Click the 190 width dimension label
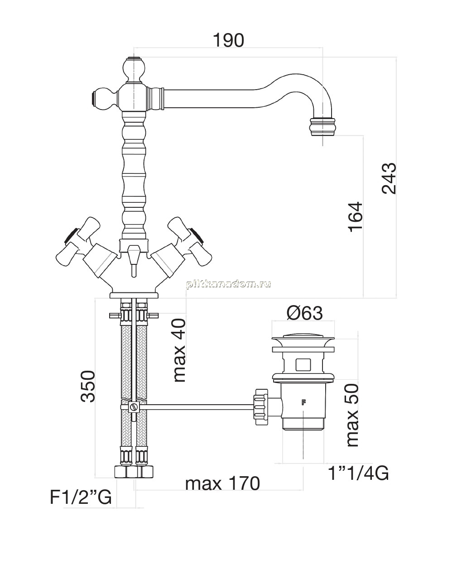[x=228, y=40]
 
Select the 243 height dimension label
[x=389, y=178]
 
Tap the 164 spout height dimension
[x=356, y=217]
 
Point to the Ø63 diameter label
[x=304, y=313]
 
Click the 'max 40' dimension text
[x=179, y=350]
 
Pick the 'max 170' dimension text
[x=222, y=483]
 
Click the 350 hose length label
[x=88, y=386]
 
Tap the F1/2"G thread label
[x=81, y=497]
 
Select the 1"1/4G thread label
[x=358, y=473]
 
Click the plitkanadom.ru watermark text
[x=228, y=284]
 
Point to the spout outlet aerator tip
[x=322, y=127]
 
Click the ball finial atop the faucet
[x=135, y=70]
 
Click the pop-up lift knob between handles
[x=135, y=260]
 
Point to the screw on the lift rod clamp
[x=135, y=406]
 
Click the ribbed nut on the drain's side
[x=261, y=407]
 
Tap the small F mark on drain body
[x=303, y=402]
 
